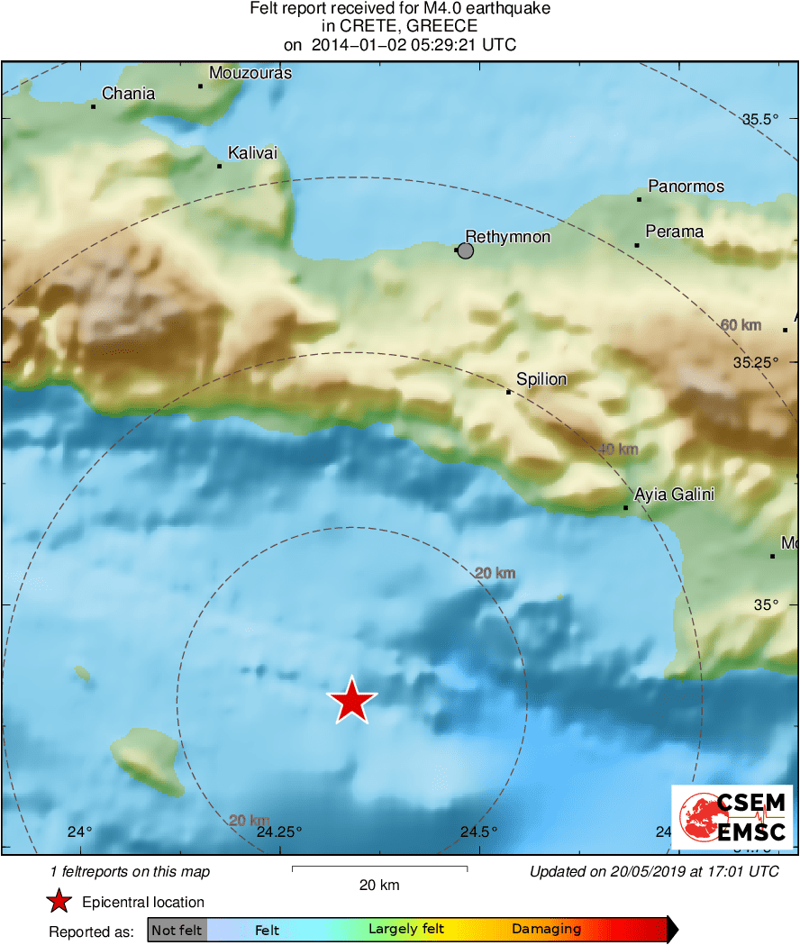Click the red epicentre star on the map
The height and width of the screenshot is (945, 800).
(351, 701)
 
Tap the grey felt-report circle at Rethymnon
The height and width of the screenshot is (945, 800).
(466, 250)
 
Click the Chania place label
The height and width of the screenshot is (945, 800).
(128, 94)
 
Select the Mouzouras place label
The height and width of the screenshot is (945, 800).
(250, 73)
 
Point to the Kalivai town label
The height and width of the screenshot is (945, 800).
(252, 154)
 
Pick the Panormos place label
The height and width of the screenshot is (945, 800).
(686, 186)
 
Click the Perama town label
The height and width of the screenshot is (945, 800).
(675, 232)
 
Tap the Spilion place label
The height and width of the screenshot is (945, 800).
(541, 379)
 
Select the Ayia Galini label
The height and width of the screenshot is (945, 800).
(675, 495)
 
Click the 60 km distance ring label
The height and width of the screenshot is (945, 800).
(741, 324)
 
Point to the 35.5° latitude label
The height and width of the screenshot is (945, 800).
(759, 119)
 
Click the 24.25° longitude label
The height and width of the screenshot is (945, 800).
(279, 831)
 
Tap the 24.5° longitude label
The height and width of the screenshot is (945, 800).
(478, 831)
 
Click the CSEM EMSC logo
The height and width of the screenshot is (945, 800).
(732, 817)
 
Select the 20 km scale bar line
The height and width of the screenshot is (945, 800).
(379, 868)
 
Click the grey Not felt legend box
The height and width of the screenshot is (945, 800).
(177, 930)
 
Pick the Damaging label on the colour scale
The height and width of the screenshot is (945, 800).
(546, 930)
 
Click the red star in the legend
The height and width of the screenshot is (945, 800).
(59, 902)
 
